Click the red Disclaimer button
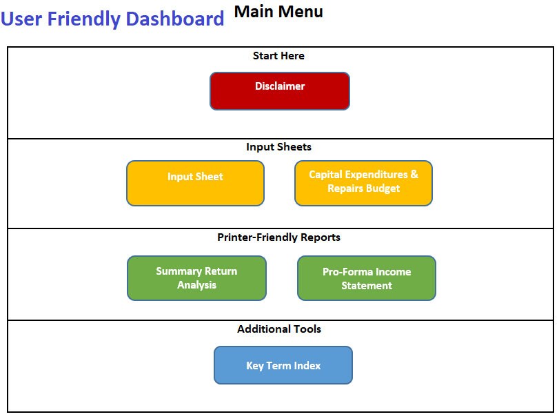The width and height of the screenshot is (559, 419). pos(279,90)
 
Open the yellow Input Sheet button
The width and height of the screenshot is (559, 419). pos(195,183)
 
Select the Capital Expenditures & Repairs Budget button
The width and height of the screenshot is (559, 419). pos(363,183)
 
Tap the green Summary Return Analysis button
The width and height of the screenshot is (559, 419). pos(196,278)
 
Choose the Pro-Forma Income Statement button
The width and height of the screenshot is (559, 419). pos(366,278)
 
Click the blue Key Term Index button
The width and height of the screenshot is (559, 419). pos(283,365)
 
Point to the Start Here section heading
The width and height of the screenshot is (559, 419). pos(278,56)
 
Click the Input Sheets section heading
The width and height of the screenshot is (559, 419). pos(278,147)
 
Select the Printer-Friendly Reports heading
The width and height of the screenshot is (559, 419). pos(278,237)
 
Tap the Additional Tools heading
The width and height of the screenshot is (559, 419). pos(278,329)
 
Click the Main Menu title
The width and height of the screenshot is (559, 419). pos(278,12)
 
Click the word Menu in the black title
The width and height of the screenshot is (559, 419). pos(301,12)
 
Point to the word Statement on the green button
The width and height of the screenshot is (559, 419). pos(367,286)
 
